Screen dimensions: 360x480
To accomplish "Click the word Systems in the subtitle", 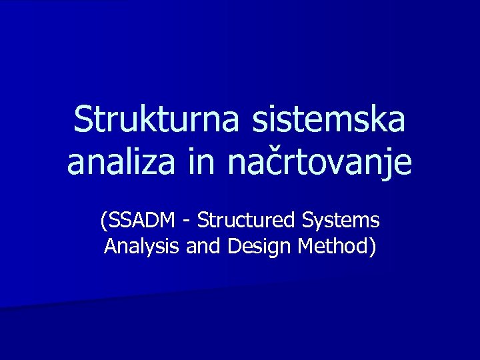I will [341, 220].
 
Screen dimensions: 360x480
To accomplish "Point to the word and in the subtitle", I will [204, 247].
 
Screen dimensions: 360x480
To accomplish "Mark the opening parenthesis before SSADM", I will [103, 220].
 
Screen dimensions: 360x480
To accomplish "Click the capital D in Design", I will [233, 247].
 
